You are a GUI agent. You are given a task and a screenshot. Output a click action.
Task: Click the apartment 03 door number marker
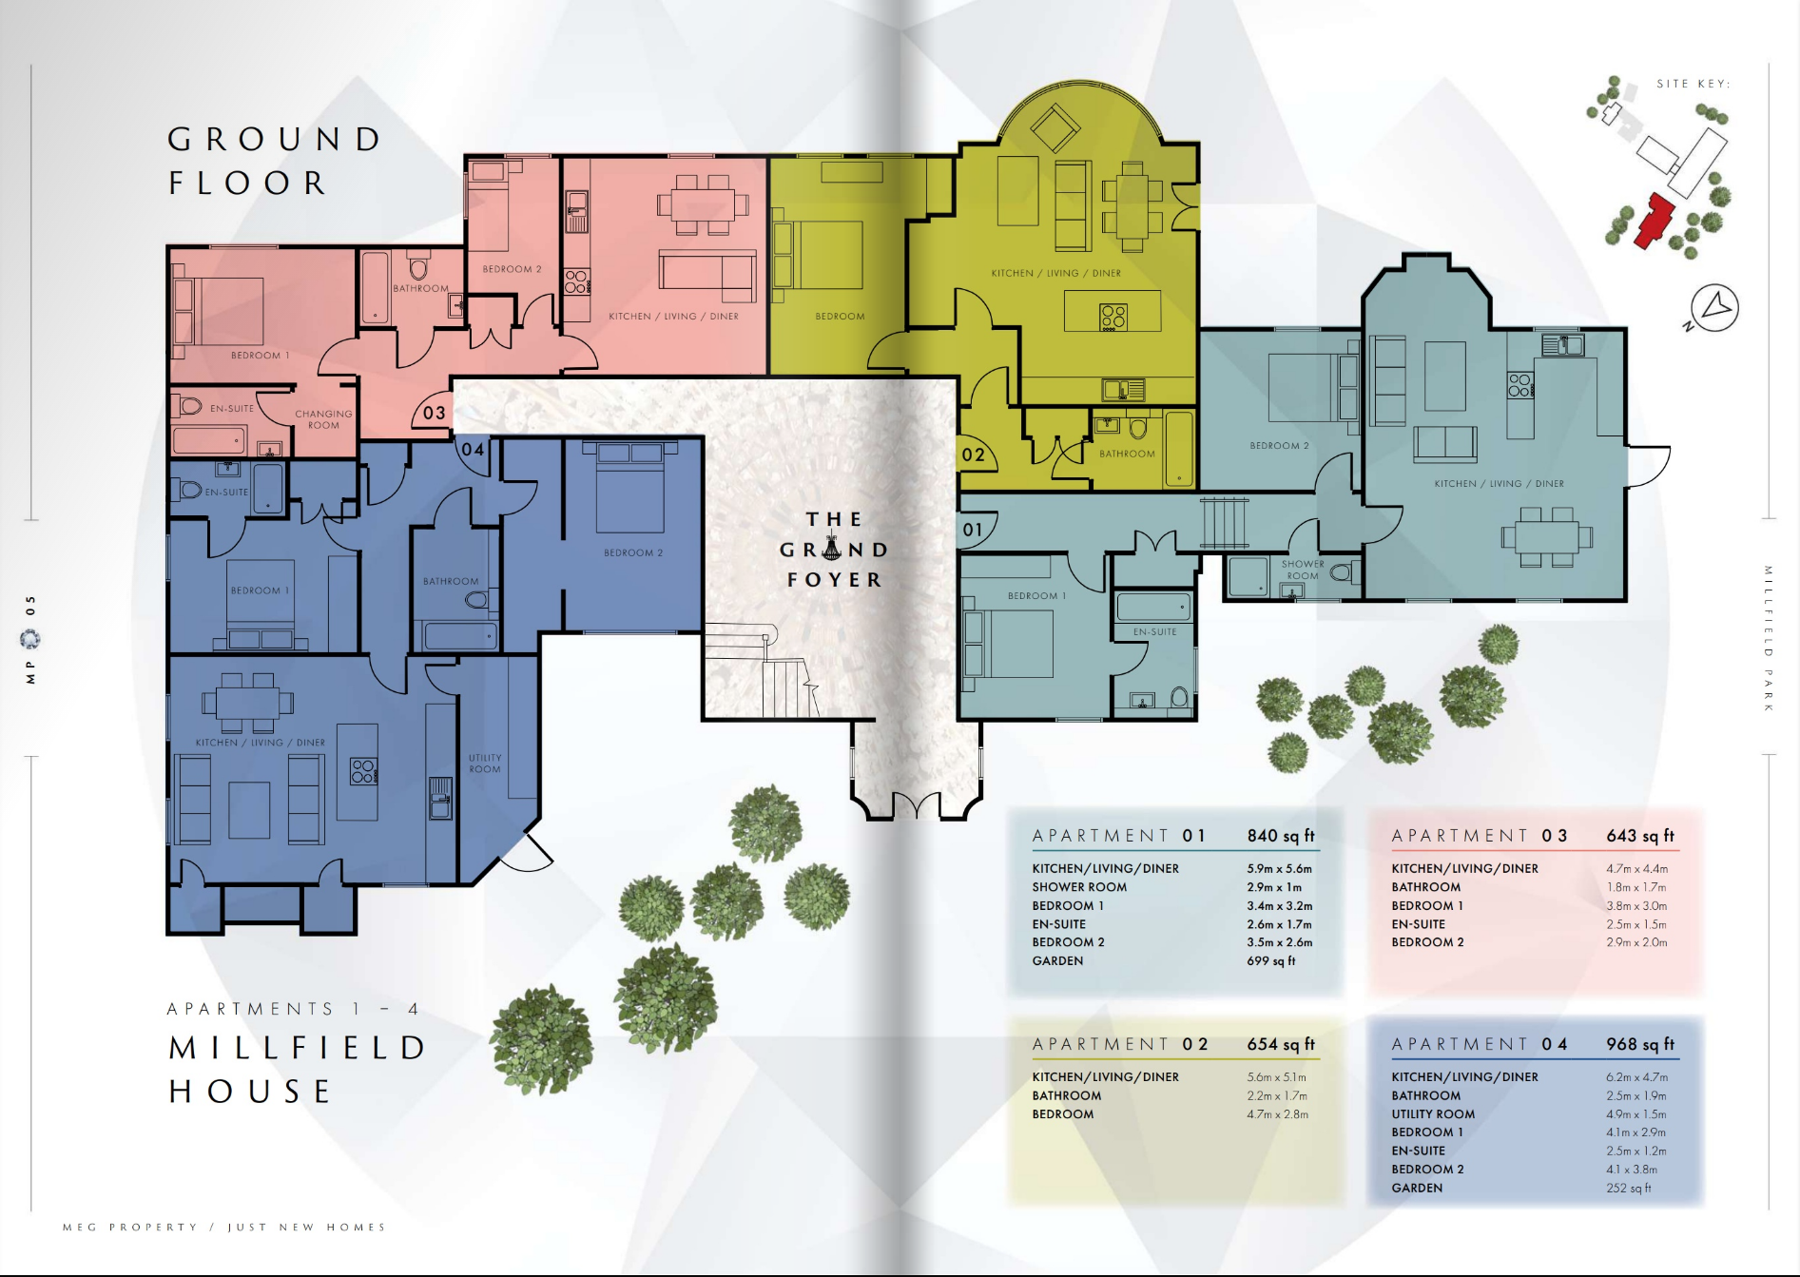coord(434,413)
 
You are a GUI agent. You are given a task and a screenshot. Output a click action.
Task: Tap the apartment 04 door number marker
coord(473,449)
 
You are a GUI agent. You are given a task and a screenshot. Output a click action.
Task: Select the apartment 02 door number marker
coord(973,455)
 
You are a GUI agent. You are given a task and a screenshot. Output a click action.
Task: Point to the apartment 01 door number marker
coord(972,530)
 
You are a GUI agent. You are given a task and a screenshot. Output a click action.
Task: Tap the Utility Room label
coord(485,764)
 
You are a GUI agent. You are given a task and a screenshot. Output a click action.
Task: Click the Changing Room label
coord(323,419)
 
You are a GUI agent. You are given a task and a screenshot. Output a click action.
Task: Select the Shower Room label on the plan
coord(1303,570)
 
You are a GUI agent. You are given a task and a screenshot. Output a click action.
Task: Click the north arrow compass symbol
coord(1714,308)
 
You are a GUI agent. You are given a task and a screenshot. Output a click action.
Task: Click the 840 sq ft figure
coord(1281,836)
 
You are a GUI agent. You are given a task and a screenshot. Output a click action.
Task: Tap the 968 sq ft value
coord(1640,1044)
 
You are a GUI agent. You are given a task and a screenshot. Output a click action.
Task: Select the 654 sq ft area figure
coord(1281,1044)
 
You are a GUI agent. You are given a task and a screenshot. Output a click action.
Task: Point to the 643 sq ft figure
coord(1640,836)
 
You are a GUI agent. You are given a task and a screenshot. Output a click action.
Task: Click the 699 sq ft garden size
coord(1271,961)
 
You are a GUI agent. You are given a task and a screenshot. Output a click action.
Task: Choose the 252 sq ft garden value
coord(1629,1188)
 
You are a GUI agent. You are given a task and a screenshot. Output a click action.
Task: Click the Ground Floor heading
coord(275,161)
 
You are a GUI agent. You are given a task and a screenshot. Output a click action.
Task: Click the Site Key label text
coord(1694,84)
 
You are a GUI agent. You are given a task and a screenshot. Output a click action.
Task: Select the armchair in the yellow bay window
coord(1055,128)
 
